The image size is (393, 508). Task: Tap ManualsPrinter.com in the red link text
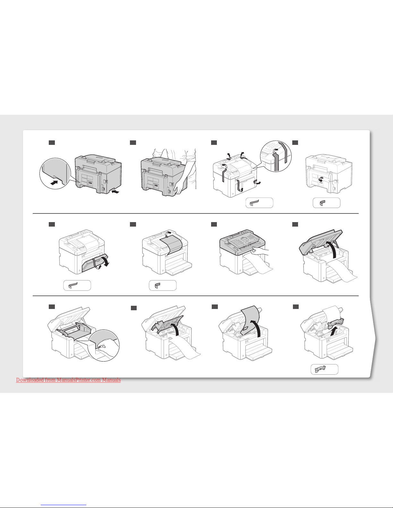(x=79, y=380)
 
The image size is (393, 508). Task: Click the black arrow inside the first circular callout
(x=54, y=183)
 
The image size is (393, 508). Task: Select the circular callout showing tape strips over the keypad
(x=276, y=156)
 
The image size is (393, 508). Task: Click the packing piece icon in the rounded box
(x=320, y=370)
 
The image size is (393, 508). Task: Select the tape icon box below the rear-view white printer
(x=326, y=203)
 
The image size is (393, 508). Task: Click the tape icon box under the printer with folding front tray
(x=77, y=285)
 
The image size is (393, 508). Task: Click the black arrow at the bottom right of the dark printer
(x=115, y=192)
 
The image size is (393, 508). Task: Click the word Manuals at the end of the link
(x=111, y=380)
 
